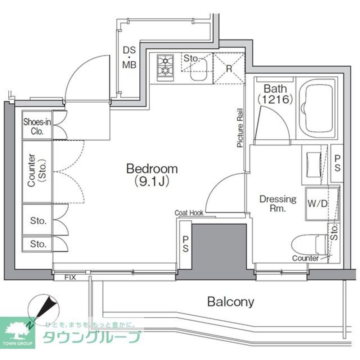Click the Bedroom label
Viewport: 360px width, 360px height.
[152, 169]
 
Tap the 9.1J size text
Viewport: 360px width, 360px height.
[152, 181]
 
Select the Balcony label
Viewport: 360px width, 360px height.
[231, 302]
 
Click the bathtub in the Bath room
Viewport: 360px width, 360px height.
[316, 109]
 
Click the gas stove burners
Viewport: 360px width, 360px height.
[165, 68]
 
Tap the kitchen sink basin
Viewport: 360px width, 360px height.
[199, 69]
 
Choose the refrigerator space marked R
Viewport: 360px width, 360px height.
[229, 68]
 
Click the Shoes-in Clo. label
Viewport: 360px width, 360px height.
[37, 126]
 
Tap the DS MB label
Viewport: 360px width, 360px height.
[129, 57]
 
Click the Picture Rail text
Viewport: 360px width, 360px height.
[240, 128]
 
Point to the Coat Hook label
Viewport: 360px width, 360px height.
[189, 213]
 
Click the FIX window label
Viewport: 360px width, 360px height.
[70, 277]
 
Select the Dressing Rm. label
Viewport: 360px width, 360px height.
[278, 203]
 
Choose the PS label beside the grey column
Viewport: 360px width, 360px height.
[185, 244]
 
